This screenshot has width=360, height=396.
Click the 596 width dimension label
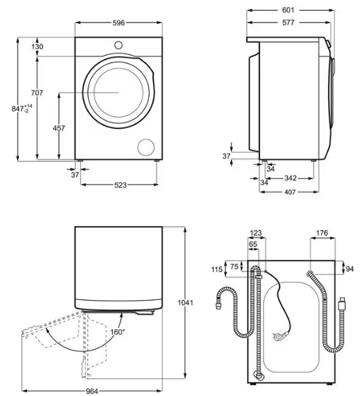tap(118, 23)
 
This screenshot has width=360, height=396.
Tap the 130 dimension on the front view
tap(37, 47)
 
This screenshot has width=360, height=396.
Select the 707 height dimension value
tap(37, 93)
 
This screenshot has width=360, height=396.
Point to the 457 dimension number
tap(59, 129)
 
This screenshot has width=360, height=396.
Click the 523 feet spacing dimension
tap(120, 185)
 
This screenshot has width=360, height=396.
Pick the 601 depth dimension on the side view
tap(288, 10)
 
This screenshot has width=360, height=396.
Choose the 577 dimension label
tap(288, 22)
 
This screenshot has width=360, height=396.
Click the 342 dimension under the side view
tap(291, 178)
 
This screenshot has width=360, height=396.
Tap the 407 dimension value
tap(290, 192)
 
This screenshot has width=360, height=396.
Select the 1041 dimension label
tap(185, 303)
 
